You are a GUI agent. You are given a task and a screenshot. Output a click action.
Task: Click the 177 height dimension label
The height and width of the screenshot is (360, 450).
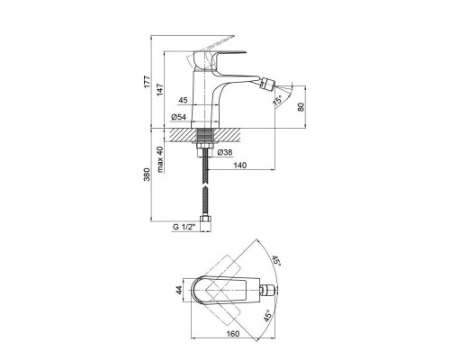[147, 82]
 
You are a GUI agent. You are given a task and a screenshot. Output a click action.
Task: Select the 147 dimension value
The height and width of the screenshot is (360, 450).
[160, 90]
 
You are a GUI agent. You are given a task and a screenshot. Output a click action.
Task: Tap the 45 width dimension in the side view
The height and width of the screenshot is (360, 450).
[183, 100]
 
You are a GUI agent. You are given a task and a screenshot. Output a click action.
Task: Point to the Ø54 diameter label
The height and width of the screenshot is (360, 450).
[178, 117]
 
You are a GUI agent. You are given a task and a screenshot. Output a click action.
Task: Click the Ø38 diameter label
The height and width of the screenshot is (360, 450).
[225, 152]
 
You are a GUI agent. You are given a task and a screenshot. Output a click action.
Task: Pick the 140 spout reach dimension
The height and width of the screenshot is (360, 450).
[239, 166]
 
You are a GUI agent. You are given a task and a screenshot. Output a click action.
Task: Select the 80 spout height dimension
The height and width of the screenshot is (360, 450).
[301, 107]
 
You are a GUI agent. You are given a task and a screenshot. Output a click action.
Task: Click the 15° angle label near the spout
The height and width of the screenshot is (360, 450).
[277, 100]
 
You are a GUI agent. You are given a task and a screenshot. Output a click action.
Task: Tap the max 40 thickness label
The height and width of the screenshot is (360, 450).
[160, 159]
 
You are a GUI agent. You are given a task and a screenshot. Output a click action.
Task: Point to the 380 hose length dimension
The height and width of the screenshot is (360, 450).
[147, 174]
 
